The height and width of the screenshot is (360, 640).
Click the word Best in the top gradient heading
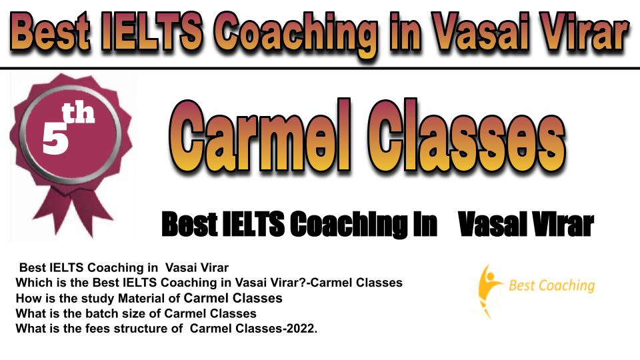(x=49, y=32)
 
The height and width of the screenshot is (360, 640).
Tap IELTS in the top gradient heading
(x=151, y=32)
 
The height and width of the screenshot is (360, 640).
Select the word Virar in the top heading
(x=586, y=32)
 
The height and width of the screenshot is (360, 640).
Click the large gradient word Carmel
(x=260, y=135)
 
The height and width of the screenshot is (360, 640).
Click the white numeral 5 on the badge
(x=55, y=138)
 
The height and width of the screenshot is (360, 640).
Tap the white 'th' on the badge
(x=78, y=113)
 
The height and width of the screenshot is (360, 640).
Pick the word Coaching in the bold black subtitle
(x=349, y=225)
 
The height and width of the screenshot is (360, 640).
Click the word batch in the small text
(x=99, y=313)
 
